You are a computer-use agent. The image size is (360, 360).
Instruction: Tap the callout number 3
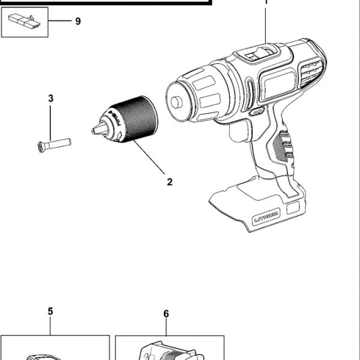(51, 98)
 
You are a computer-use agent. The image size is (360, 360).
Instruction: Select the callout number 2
(170, 182)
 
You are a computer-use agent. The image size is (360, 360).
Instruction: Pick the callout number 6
(166, 313)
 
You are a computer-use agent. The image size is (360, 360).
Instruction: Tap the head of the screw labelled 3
(40, 145)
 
